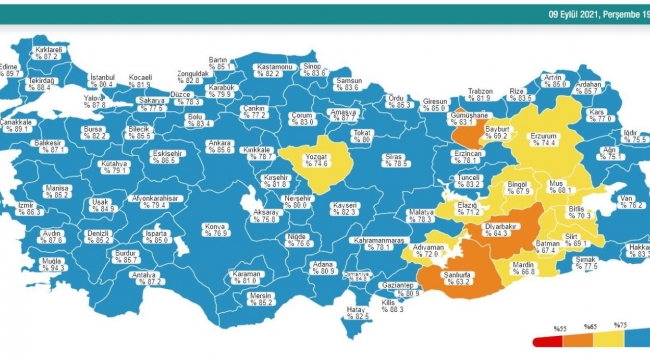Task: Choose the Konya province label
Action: (x=215, y=226)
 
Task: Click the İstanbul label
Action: (x=103, y=77)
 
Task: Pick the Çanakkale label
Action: (x=18, y=123)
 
